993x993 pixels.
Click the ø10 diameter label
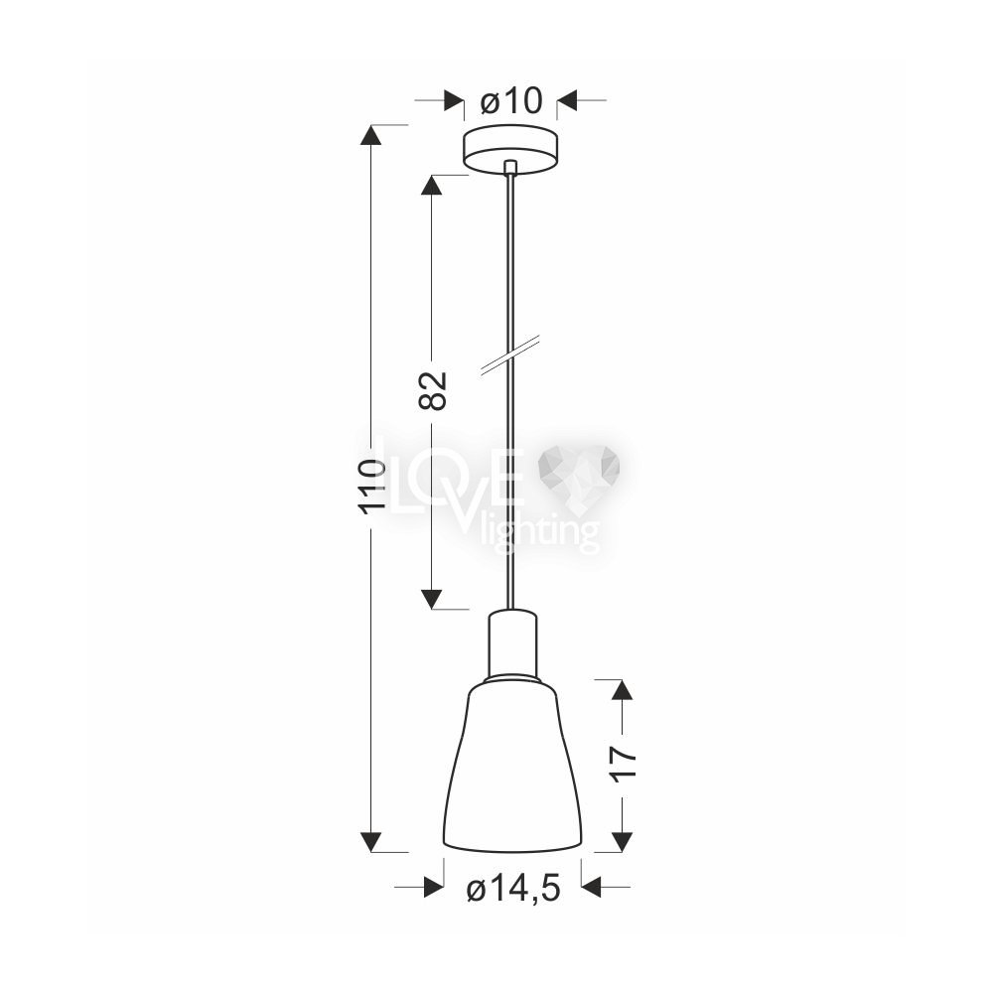pos(511,100)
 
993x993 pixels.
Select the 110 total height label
pos(371,486)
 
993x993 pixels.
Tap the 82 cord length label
pos(433,390)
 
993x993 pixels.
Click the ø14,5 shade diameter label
pos(513,891)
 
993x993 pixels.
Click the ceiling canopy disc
pos(510,150)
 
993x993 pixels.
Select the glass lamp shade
pos(512,765)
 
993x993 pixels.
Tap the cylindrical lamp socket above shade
pos(511,643)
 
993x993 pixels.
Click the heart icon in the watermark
pos(578,478)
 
